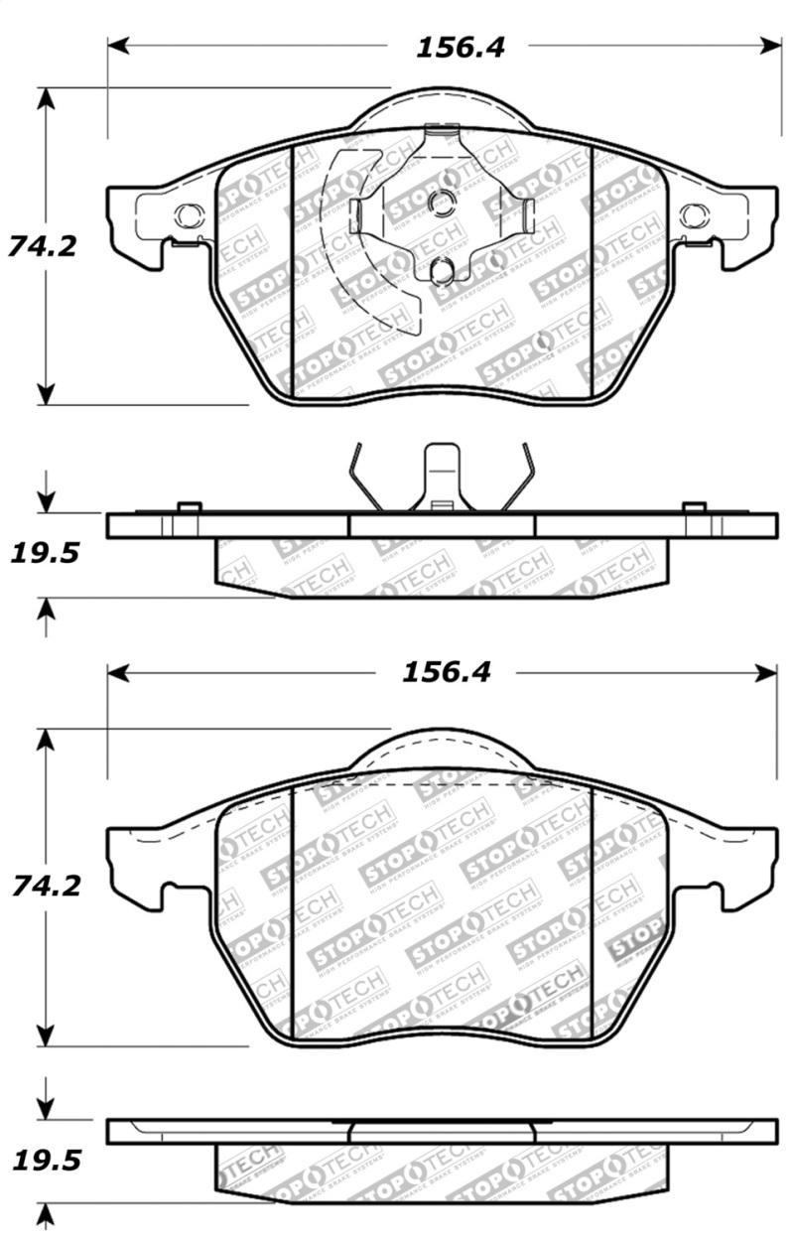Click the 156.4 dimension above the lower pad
445,672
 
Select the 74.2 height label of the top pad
42,245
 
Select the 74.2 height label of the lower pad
42,884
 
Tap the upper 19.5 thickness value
43,553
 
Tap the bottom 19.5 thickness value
43,1159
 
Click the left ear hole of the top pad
191,213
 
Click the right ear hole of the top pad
694,213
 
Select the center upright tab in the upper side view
442,477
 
